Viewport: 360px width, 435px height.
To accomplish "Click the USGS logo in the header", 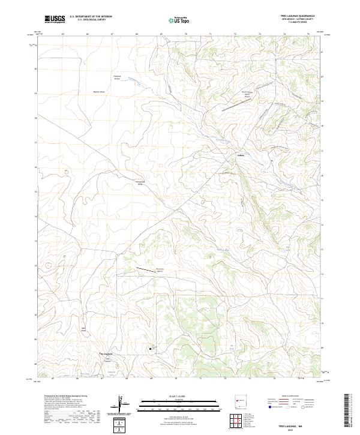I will pos(55,19).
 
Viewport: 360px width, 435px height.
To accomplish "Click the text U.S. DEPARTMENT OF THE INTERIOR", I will pos(91,17).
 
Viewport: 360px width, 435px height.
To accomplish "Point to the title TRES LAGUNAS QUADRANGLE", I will pos(298,16).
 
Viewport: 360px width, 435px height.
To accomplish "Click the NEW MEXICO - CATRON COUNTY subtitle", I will pos(298,19).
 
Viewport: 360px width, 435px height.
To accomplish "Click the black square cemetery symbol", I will pos(151,349).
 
